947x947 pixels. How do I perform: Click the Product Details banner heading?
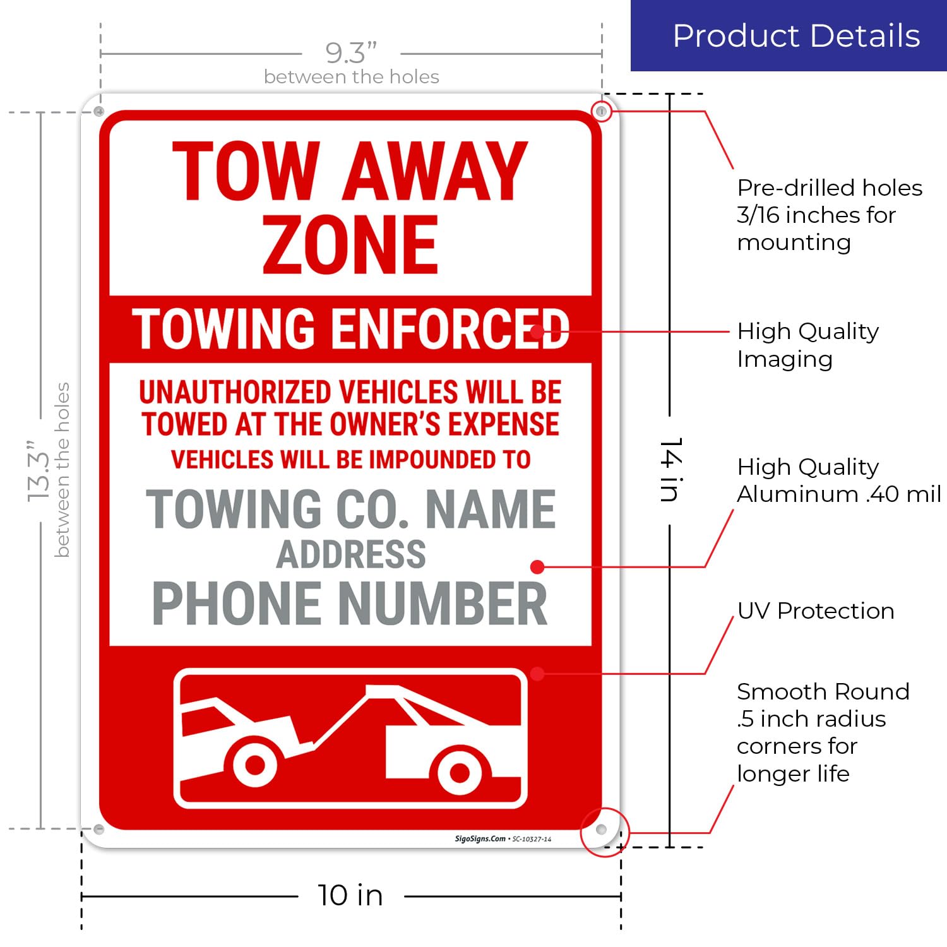796,36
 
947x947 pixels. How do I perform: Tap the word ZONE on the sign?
350,245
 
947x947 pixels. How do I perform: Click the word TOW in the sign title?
246,171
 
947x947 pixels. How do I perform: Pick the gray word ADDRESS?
351,554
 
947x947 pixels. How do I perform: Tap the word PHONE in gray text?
237,604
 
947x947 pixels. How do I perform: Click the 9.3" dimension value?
350,53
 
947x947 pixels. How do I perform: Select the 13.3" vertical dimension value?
38,470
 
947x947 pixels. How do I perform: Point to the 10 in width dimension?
350,895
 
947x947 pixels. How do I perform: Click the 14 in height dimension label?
670,470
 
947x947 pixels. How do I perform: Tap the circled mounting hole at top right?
601,112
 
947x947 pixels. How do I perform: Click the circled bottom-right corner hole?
602,829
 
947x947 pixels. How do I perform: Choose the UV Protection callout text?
815,611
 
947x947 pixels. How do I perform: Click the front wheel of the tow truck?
459,772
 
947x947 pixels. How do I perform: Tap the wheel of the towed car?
255,765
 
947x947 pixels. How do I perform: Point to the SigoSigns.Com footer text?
480,839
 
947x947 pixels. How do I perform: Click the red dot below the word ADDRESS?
537,567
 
